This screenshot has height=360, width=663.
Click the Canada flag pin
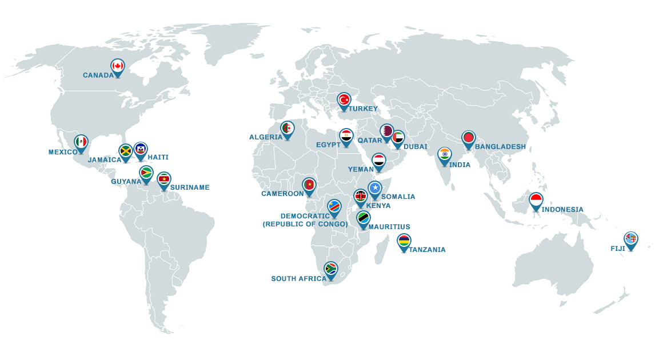[118, 67]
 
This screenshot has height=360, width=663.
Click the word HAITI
[158, 157]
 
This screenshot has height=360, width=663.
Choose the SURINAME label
[190, 187]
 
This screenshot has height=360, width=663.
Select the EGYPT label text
[328, 145]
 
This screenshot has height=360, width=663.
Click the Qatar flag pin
[387, 131]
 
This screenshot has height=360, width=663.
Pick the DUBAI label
[415, 147]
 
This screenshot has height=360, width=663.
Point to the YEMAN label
[361, 169]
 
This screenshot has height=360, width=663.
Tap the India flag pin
[445, 155]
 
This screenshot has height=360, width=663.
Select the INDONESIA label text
[562, 210]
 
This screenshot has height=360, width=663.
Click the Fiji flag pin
[630, 239]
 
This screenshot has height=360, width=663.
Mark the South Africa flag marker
[331, 269]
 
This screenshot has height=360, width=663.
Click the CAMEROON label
[282, 194]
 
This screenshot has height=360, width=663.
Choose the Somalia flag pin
[374, 189]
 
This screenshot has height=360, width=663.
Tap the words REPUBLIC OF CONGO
[305, 224]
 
